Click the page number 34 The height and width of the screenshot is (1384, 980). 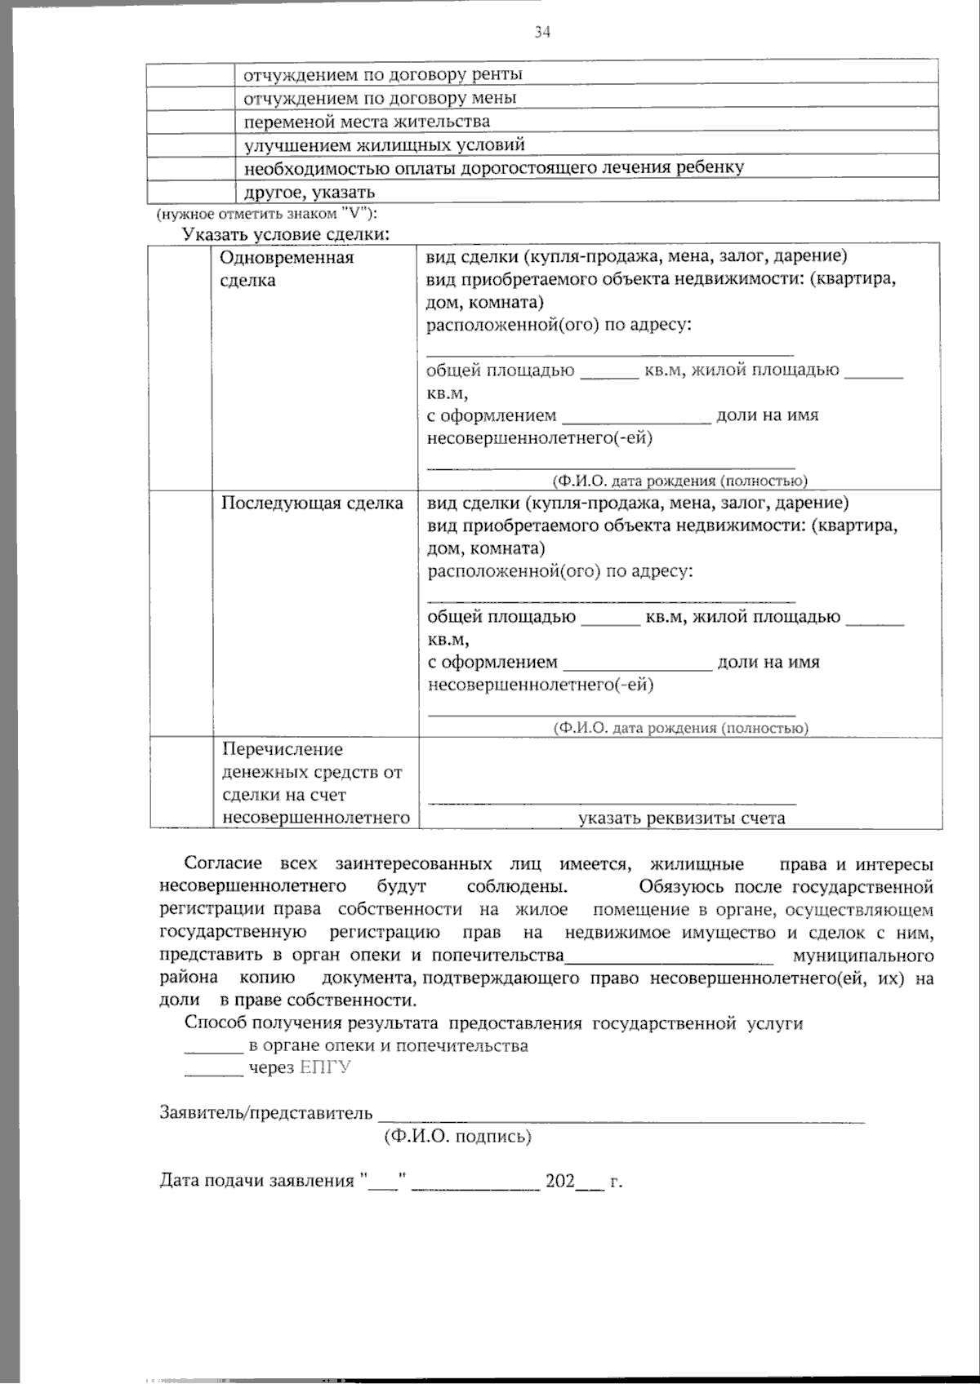pos(542,32)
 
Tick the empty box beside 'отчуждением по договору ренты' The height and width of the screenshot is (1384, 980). pos(191,74)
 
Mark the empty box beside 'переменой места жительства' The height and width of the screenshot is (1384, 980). pos(191,122)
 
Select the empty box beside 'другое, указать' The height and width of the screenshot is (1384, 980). pos(191,193)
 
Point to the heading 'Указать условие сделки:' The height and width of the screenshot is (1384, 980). pos(286,235)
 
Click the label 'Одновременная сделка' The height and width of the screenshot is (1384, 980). pos(287,268)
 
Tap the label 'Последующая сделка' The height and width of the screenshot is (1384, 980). pos(312,503)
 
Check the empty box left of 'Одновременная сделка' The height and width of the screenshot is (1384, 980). pos(180,366)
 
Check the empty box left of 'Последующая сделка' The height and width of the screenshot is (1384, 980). pos(180,613)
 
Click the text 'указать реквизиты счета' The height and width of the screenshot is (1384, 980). pos(681,818)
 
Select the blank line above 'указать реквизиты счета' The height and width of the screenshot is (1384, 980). pos(612,801)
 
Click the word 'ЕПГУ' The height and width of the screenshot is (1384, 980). pos(325,1068)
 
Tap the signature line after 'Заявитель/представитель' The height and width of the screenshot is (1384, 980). pos(621,1118)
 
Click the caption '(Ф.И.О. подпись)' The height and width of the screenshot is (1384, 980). pos(457,1136)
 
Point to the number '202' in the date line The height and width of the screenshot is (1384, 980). pos(560,1181)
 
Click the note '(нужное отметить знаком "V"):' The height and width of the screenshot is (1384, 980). pos(267,215)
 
